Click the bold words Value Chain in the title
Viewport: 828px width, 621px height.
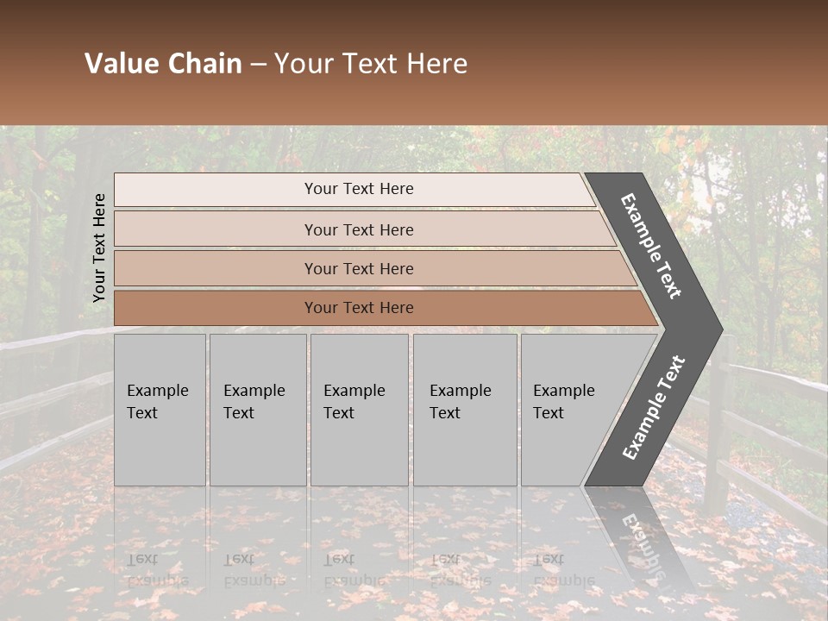(x=163, y=64)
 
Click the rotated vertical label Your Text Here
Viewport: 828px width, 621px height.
(x=99, y=248)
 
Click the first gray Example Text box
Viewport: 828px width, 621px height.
(x=160, y=410)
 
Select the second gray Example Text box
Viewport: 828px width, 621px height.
(x=257, y=410)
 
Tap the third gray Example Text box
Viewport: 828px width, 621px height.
(x=359, y=410)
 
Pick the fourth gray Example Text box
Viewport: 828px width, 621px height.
(x=465, y=410)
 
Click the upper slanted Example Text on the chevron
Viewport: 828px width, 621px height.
(x=651, y=246)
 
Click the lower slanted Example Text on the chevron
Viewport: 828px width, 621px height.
(x=654, y=407)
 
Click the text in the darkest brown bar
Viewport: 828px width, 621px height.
(x=359, y=308)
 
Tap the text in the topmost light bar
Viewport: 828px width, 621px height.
(x=359, y=189)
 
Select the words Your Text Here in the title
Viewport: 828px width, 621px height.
(x=371, y=64)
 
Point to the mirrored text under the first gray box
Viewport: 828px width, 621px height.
(x=157, y=569)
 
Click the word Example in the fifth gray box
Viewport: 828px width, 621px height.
(x=563, y=391)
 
